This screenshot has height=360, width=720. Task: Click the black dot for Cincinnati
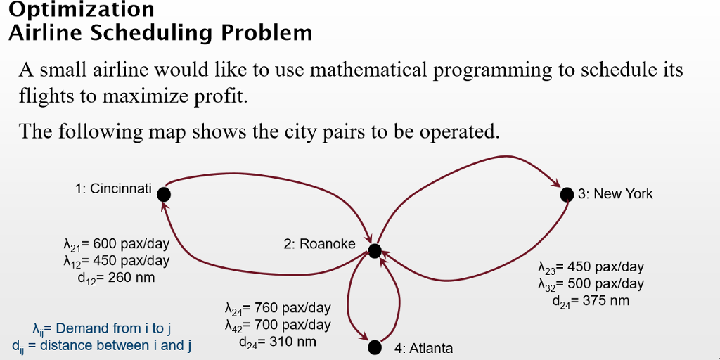coord(164,193)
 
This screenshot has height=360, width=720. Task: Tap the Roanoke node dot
coord(374,250)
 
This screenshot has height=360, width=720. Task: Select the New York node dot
coord(567,195)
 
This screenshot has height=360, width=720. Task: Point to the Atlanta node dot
coord(375,347)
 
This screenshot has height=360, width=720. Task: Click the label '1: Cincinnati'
coord(113,188)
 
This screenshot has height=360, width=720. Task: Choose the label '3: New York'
coord(615,194)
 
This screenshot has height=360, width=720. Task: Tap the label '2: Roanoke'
coord(319,244)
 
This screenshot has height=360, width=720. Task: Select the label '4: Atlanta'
coord(423,348)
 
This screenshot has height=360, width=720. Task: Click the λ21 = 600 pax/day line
coord(117,245)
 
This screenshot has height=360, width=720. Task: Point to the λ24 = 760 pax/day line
coord(278,308)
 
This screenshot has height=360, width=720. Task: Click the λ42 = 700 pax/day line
coord(278,325)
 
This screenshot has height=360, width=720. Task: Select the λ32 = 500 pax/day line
coord(591,284)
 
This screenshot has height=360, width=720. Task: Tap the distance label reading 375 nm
coord(591,301)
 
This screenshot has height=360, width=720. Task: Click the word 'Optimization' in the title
coord(82,10)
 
